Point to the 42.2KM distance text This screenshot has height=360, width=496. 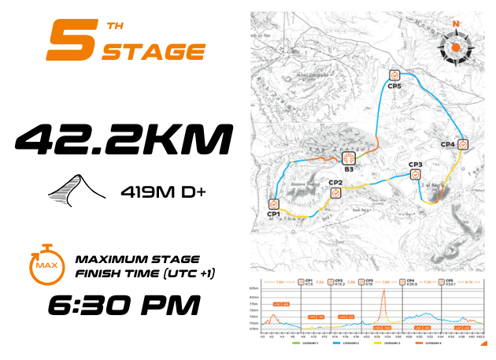tap(124, 140)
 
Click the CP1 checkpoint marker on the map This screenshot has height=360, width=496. tap(273, 203)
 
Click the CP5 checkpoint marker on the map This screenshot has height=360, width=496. tap(394, 76)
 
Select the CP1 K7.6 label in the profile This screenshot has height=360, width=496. tap(309, 282)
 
